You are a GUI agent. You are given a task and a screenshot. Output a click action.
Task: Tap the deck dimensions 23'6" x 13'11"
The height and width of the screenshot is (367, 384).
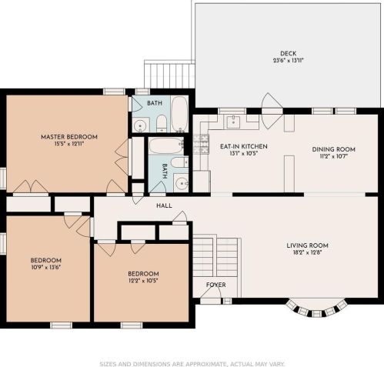point(289,61)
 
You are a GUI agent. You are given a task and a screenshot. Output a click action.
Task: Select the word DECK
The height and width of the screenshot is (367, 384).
point(289,53)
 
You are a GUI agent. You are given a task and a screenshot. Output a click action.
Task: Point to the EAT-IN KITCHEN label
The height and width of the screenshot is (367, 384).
point(243,145)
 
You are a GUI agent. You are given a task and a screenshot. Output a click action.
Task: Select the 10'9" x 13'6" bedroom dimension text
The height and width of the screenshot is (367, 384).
point(46,268)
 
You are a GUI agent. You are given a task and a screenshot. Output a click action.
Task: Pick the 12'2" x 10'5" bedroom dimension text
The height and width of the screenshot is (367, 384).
point(143,282)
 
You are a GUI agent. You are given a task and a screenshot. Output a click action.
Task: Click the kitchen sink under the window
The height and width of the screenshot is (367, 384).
point(232,122)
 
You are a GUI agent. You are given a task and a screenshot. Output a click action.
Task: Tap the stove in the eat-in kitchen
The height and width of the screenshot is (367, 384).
point(202,142)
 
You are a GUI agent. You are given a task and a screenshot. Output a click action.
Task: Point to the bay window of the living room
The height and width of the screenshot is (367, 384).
point(316,310)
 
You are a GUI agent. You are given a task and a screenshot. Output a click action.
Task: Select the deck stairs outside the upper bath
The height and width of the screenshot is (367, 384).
point(167,75)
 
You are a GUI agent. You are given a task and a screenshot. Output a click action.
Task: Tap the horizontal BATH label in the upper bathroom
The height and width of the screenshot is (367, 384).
point(155,103)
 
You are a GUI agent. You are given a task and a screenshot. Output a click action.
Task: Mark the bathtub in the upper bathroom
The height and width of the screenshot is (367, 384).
point(179,115)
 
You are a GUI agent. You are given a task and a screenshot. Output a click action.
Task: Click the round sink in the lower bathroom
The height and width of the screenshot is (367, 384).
point(180,182)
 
